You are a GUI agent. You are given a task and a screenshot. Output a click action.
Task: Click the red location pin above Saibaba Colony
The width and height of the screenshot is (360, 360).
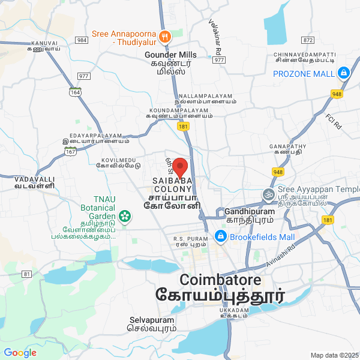[181, 166]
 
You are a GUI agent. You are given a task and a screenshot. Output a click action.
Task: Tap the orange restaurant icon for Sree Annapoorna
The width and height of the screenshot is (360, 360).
[166, 35]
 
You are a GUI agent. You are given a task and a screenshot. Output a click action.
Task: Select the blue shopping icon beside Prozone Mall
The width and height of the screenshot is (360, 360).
[343, 74]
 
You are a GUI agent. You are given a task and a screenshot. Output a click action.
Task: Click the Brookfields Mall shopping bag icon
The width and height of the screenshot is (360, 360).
[221, 237]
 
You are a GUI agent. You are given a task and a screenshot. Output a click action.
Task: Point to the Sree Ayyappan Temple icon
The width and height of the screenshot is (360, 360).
[267, 194]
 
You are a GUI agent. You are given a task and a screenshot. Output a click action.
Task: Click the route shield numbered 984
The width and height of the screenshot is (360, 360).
[82, 40]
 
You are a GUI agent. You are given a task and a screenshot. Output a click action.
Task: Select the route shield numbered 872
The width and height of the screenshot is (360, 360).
[308, 40]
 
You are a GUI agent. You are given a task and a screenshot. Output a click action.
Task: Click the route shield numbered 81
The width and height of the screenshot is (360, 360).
[26, 274]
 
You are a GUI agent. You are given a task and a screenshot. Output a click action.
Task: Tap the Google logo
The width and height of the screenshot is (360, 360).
[20, 353]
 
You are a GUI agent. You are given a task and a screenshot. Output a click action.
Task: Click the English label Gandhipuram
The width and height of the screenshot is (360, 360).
[250, 212]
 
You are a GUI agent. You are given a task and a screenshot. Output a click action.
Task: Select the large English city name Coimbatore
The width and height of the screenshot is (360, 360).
[220, 280]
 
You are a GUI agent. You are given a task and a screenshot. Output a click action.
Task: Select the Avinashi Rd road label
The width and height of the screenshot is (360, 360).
[282, 253]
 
